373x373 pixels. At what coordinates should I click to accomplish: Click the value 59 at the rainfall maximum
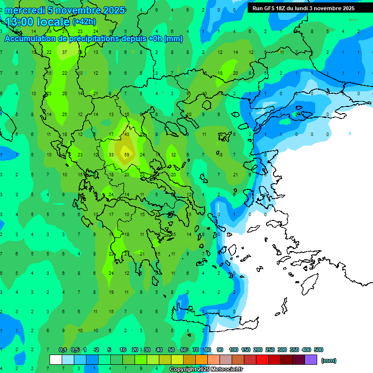127,155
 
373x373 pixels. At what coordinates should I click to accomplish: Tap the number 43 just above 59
127,134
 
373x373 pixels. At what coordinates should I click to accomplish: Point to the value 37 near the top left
65,52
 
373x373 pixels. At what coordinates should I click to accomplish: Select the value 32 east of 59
173,155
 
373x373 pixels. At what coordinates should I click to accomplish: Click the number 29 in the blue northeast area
297,114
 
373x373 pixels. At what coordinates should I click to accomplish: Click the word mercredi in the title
25,10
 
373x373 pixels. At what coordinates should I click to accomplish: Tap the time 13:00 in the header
22,22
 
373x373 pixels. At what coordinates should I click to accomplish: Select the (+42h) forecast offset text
84,22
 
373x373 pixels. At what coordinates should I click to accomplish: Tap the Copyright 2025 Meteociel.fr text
206,370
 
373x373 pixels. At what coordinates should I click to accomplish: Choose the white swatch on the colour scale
56,360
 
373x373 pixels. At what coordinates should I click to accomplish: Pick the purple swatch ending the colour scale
311,360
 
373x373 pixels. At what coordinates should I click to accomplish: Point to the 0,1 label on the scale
63,350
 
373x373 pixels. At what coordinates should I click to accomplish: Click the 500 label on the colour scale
319,350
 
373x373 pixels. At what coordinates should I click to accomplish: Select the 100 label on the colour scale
233,350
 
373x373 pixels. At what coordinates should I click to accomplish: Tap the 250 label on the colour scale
270,350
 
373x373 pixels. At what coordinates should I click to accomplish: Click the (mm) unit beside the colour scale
329,360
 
